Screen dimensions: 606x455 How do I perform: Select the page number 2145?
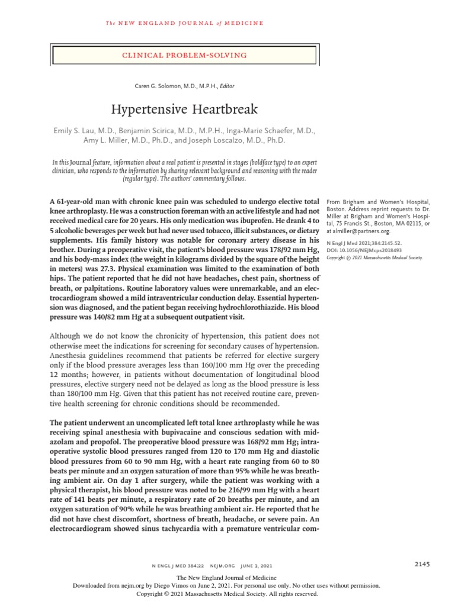(x=422, y=565)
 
